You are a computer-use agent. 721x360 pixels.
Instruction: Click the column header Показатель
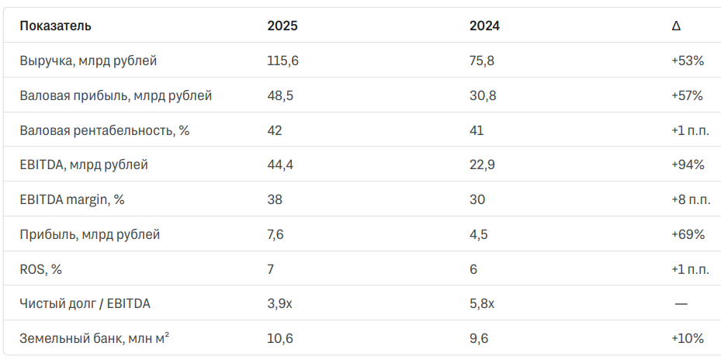coord(55,26)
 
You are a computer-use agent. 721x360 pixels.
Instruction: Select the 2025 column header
coord(283,26)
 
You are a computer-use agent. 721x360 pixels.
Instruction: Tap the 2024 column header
coord(484,26)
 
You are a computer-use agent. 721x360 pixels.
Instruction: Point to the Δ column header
coord(676,26)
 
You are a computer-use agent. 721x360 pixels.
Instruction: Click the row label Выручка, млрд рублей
coord(88,61)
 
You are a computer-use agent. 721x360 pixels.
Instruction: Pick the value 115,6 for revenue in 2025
coord(283,61)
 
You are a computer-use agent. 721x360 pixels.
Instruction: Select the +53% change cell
coord(688,61)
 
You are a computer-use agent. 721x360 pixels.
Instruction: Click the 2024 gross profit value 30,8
coord(483,95)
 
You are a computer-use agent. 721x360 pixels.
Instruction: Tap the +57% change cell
coord(688,95)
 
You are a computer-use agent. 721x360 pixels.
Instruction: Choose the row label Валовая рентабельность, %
coord(104,130)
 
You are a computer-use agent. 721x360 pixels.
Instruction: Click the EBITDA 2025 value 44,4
coord(280,164)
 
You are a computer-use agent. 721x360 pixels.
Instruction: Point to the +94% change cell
coord(688,164)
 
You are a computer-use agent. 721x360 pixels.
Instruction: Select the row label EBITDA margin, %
coord(72,199)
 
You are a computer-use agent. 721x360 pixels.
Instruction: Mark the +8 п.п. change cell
coord(691,199)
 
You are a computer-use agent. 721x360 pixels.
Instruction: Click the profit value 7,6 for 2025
coord(276,234)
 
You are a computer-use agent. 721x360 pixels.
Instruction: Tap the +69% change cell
coord(688,234)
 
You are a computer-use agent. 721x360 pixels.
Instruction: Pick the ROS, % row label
coord(40,269)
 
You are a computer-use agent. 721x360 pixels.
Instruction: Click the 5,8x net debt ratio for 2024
coord(482,304)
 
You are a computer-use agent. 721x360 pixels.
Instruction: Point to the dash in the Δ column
coord(681,304)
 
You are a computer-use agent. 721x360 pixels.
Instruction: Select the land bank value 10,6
coord(280,339)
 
